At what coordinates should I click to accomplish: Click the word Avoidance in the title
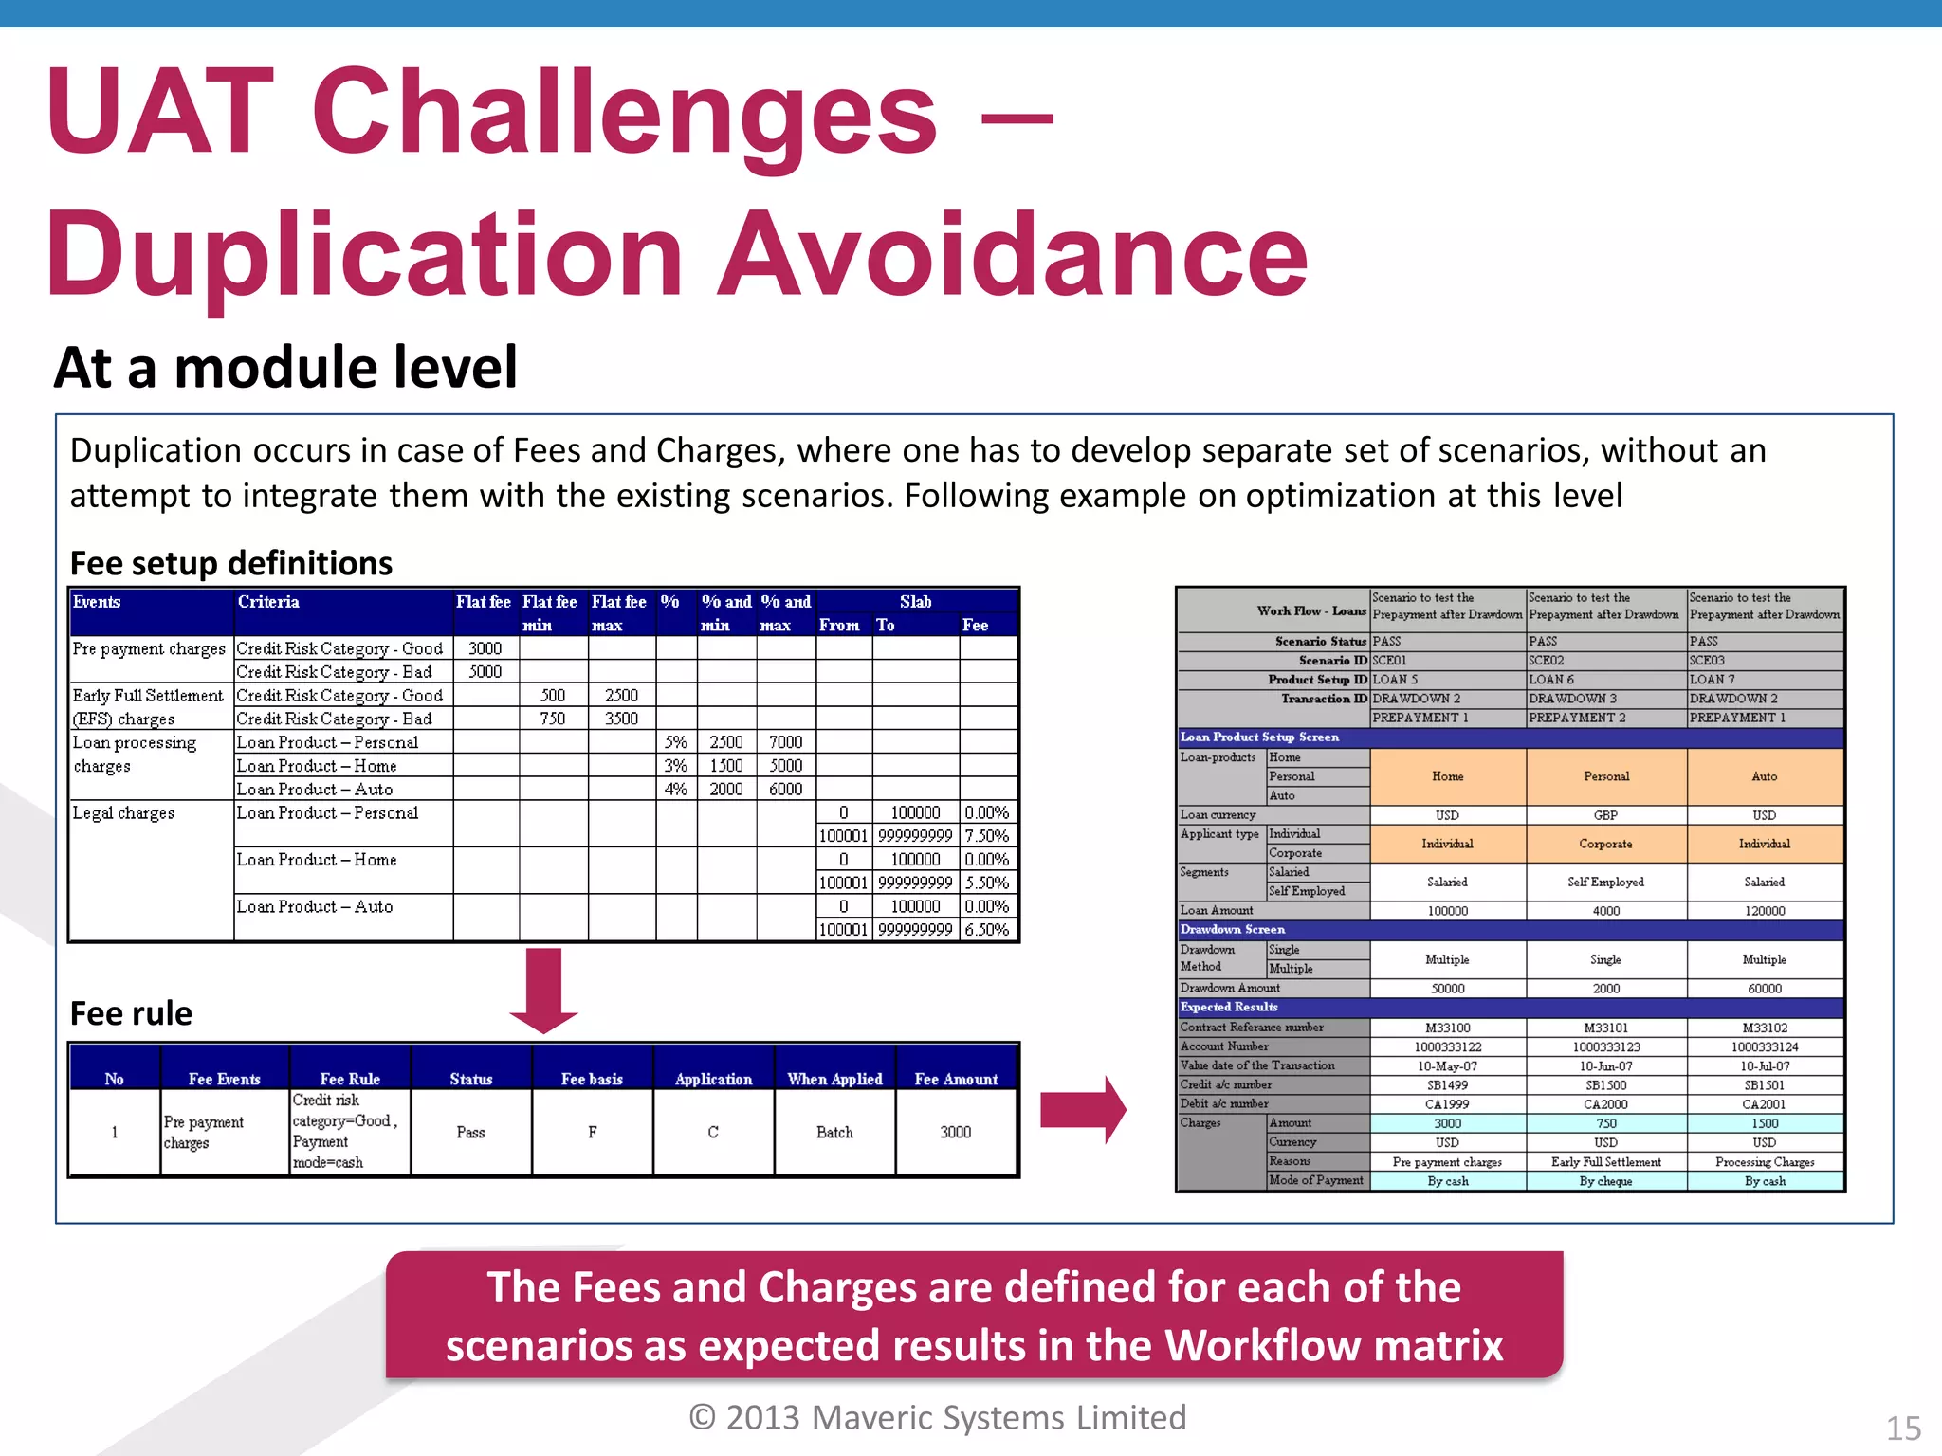[x=1012, y=254]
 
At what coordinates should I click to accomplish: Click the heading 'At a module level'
[x=285, y=368]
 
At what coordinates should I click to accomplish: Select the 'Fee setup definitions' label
[x=230, y=563]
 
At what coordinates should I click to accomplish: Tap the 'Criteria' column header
[x=268, y=602]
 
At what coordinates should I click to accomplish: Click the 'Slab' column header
[x=915, y=602]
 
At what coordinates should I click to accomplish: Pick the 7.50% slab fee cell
[x=986, y=836]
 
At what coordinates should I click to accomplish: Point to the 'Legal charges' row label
[x=123, y=813]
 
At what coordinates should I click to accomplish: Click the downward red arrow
[x=543, y=990]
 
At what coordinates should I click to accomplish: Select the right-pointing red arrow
[x=1082, y=1109]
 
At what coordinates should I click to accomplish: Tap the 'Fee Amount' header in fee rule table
[x=956, y=1079]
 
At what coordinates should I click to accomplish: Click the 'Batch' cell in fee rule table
[x=834, y=1133]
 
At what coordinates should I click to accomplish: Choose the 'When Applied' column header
[x=834, y=1079]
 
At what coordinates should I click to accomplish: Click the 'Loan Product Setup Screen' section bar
[x=1259, y=737]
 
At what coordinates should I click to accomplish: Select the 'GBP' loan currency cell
[x=1605, y=815]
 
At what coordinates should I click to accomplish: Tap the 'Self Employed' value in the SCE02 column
[x=1605, y=882]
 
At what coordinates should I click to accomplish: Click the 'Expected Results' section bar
[x=1229, y=1007]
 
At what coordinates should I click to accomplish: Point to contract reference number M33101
[x=1605, y=1028]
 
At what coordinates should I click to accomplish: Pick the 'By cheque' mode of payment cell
[x=1605, y=1181]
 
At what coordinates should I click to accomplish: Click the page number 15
[x=1903, y=1428]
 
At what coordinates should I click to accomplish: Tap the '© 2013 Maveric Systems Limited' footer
[x=938, y=1417]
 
